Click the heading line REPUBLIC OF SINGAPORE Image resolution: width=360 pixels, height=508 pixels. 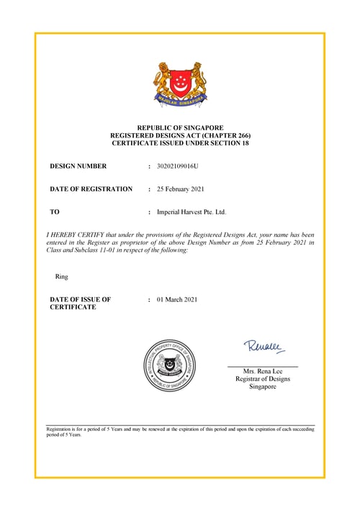pos(180,127)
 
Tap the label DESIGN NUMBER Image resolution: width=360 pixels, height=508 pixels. pos(78,166)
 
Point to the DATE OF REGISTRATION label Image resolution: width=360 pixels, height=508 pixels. pos(91,189)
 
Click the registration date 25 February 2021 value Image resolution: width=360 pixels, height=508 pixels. pos(181,189)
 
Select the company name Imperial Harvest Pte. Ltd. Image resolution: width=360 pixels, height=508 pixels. pos(191,212)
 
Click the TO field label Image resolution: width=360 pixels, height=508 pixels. pos(54,212)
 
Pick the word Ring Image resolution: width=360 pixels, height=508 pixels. pos(61,276)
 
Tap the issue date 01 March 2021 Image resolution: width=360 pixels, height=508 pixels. pos(176,299)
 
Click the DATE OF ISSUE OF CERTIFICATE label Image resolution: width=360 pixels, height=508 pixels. pos(80,303)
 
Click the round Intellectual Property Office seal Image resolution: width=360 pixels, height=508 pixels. pos(171,364)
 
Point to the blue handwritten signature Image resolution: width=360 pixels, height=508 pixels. pos(264,347)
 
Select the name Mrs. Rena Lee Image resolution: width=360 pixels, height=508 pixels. pos(263,371)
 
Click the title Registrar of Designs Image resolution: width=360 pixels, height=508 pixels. pos(263,378)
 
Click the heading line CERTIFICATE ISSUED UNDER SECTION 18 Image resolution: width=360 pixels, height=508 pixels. pos(180,143)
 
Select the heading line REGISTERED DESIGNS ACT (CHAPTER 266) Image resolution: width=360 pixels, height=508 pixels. pos(180,135)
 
